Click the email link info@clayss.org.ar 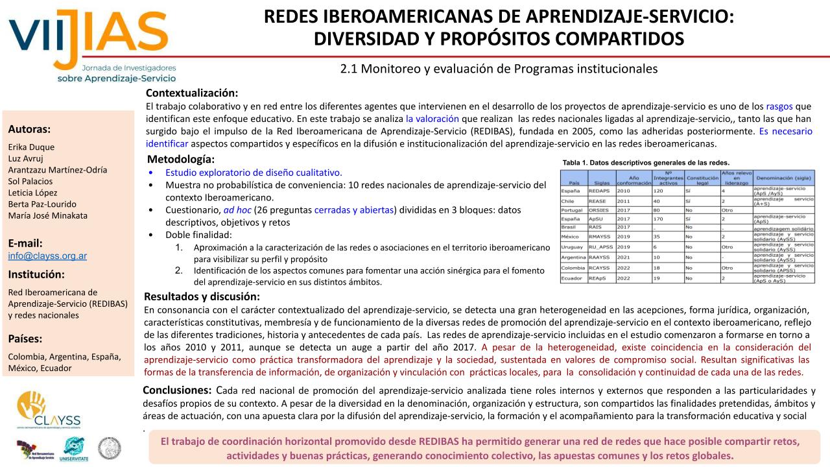coord(47,256)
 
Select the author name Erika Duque coord(31,147)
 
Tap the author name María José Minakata coord(47,216)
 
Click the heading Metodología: coord(181,160)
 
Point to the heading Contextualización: coord(192,93)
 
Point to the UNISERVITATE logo coord(75,448)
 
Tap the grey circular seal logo coord(109,448)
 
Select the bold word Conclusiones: coord(176,390)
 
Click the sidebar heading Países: coord(25,339)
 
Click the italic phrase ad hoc coord(235,210)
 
